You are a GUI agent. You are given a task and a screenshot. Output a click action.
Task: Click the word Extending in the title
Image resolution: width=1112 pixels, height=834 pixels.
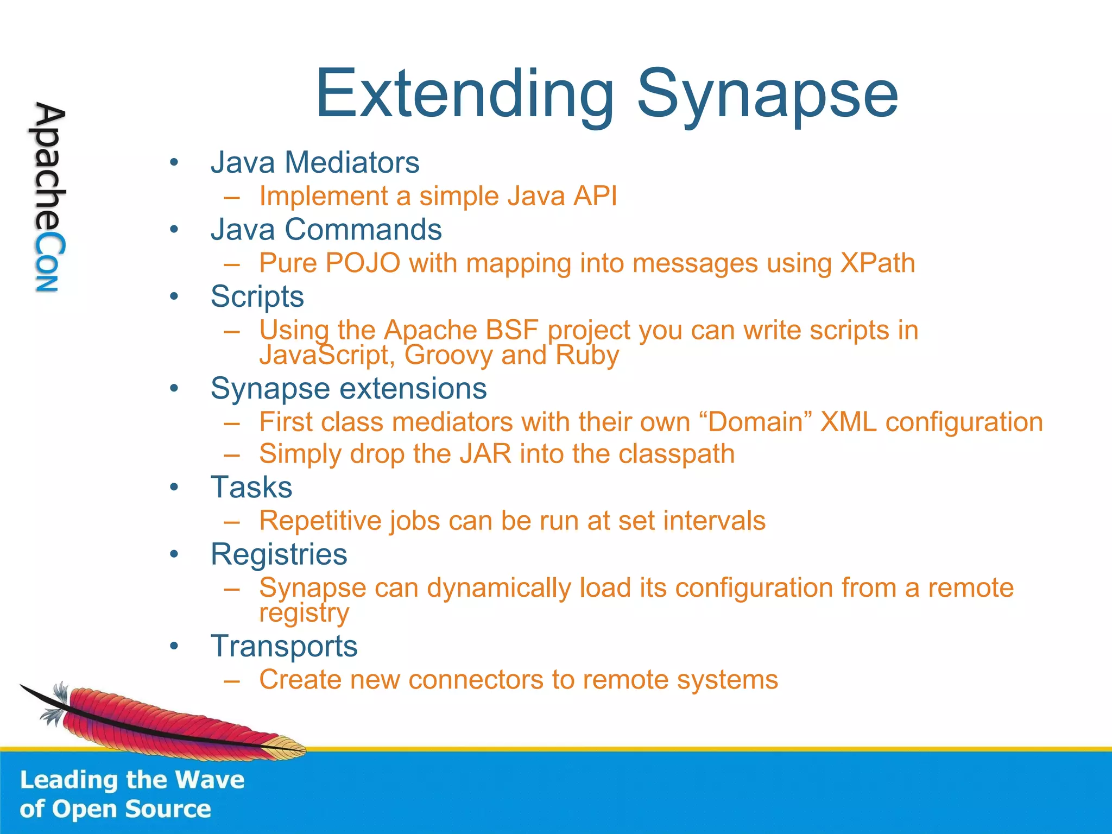(465, 95)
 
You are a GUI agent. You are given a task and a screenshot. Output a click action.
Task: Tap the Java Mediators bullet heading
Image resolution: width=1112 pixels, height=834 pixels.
(315, 162)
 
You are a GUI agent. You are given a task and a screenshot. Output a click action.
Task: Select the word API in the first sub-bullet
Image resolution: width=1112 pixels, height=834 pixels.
(596, 196)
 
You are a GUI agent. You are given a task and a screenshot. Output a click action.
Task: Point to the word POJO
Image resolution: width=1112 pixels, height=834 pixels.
(363, 263)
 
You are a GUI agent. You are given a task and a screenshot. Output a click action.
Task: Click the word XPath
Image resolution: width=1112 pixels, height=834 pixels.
(877, 263)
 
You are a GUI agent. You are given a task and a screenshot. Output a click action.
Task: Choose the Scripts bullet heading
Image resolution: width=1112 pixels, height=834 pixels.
(257, 297)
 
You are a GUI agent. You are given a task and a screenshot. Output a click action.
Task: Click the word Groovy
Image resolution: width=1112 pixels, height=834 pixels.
(448, 356)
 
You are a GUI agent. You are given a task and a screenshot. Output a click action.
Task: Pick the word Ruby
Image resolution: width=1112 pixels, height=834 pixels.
(587, 356)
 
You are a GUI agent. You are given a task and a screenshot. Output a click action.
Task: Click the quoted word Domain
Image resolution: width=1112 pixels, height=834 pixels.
(755, 422)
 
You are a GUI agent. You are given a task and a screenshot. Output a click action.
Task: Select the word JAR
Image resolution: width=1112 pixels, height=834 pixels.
(485, 454)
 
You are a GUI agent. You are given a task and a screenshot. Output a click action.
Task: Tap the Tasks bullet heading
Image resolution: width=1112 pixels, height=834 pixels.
(251, 487)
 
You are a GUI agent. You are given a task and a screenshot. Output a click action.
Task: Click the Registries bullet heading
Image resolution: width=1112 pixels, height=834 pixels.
(279, 554)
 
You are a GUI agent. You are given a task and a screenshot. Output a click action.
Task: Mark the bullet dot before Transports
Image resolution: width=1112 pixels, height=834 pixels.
(174, 646)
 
